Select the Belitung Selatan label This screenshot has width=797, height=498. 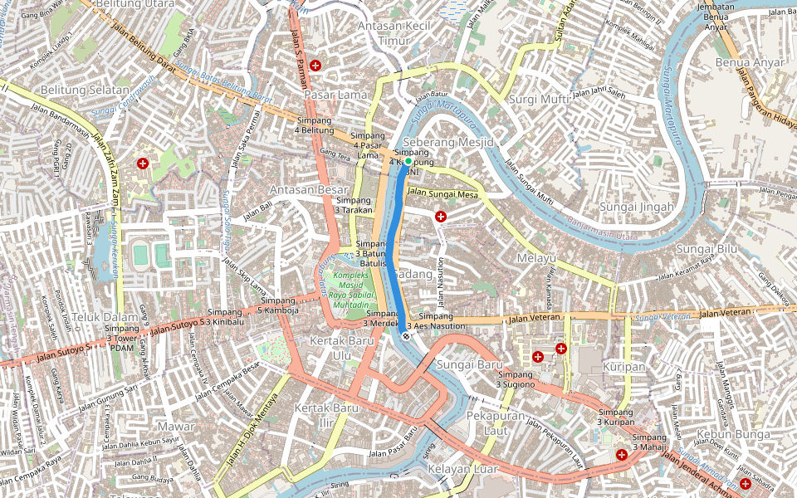(86, 90)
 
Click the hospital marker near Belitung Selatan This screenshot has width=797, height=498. (143, 164)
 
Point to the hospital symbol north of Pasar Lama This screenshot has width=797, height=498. (315, 65)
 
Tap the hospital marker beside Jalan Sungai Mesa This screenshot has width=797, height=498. (440, 216)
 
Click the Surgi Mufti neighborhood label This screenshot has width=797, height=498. (538, 100)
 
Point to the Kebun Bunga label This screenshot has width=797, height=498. (729, 434)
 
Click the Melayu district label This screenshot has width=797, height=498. (535, 258)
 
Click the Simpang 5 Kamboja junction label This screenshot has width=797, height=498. (276, 305)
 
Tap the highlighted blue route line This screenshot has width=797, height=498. (397, 249)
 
